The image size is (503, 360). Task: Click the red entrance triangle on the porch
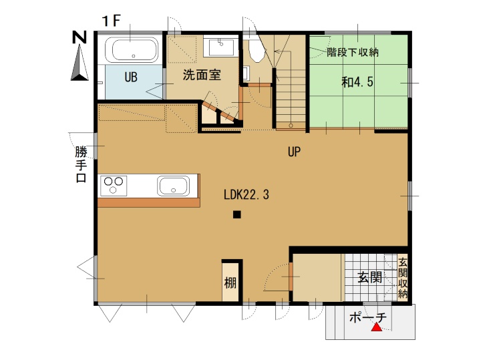(377, 327)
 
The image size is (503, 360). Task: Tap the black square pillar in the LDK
(236, 214)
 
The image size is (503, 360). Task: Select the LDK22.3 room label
(246, 194)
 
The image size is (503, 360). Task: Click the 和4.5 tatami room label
(357, 82)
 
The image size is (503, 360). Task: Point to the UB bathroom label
(131, 77)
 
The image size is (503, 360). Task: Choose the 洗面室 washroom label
(202, 75)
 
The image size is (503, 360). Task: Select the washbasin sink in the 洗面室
(221, 47)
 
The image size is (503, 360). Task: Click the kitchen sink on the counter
(172, 186)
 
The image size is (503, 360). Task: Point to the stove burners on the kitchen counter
(114, 186)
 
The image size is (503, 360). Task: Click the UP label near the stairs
(294, 152)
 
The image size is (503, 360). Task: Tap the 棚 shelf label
(230, 283)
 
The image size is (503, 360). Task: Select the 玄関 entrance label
(370, 277)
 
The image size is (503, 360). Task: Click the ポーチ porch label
(368, 317)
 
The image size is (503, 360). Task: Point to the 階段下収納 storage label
(353, 52)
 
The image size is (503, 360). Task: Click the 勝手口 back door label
(81, 164)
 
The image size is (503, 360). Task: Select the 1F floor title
(111, 21)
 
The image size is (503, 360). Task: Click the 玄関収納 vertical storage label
(403, 278)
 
